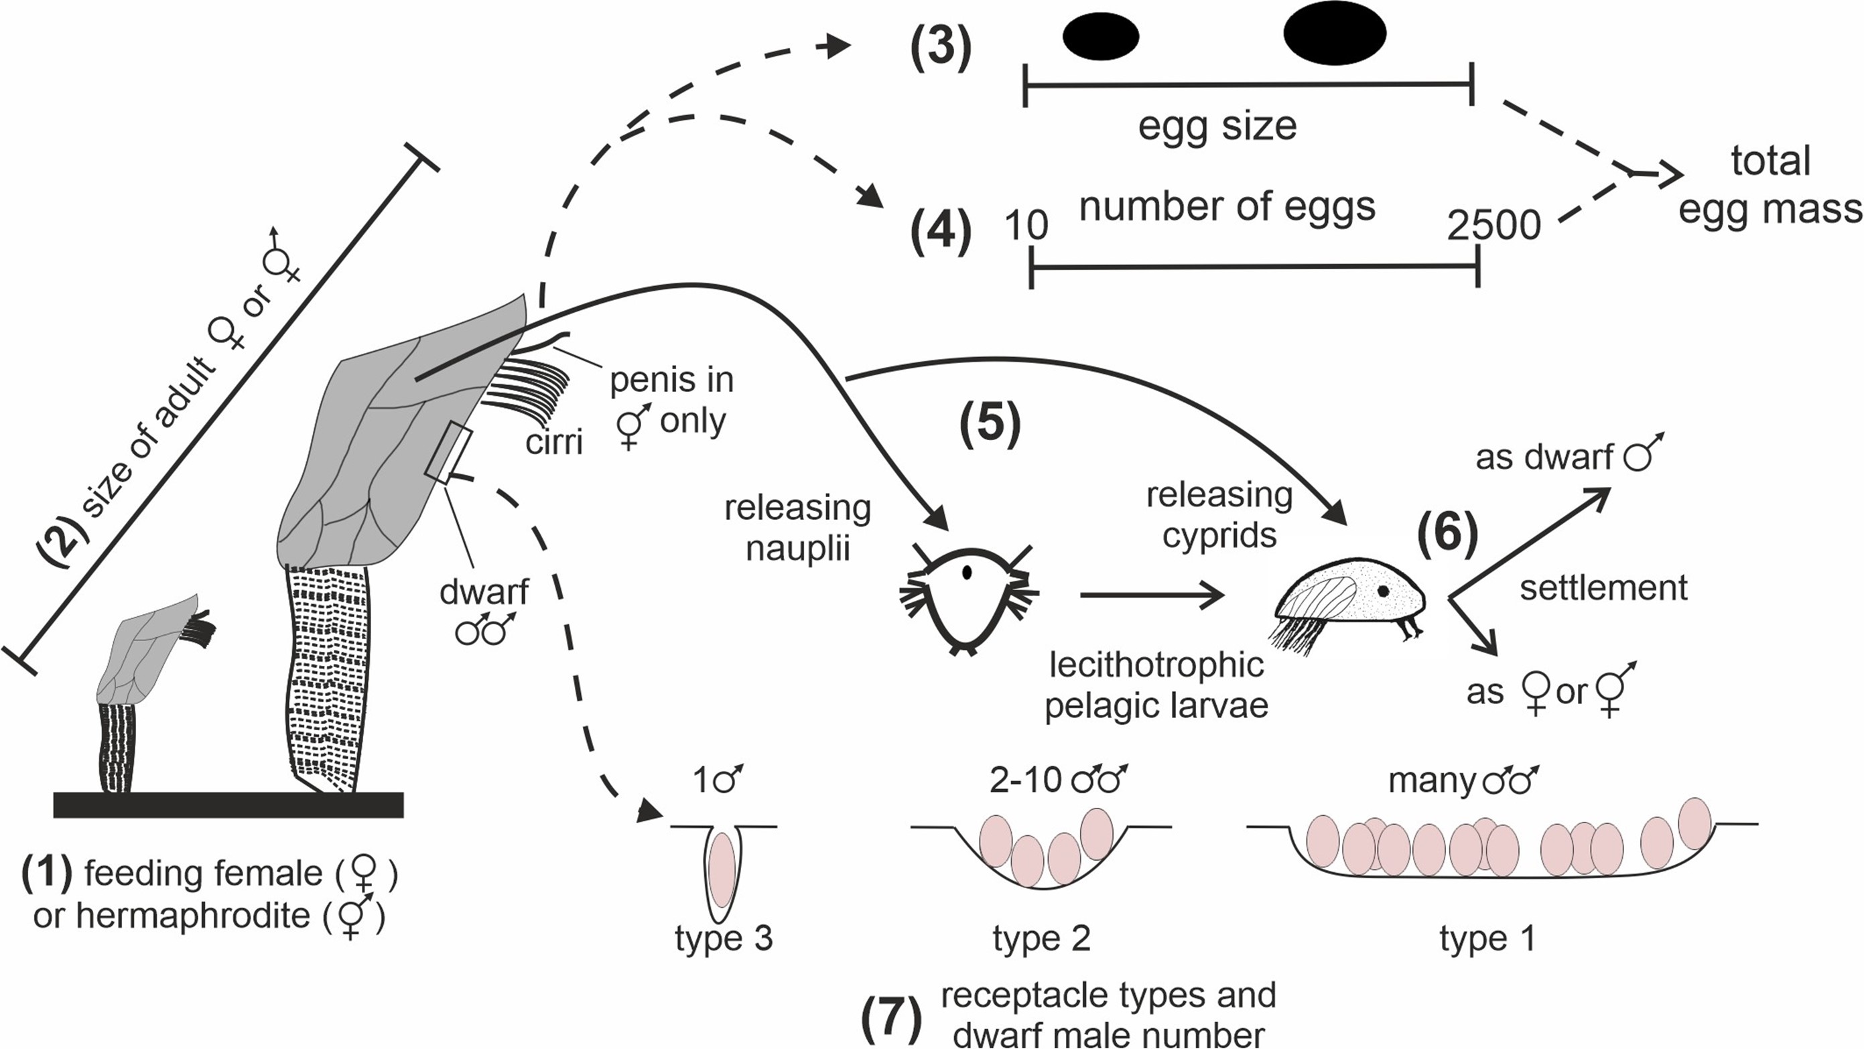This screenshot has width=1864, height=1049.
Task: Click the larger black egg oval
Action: [x=1335, y=32]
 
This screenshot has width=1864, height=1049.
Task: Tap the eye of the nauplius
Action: [x=967, y=573]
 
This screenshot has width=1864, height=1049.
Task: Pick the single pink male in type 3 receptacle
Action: [x=722, y=869]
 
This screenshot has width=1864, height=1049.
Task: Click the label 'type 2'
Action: [x=1041, y=939]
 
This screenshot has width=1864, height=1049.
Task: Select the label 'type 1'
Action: [x=1487, y=939]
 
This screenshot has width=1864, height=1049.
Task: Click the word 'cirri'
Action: [x=553, y=441]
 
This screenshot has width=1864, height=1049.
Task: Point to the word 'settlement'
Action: [x=1603, y=587]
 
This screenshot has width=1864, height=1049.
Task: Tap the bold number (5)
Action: [x=989, y=425]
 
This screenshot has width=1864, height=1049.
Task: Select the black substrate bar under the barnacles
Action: [x=228, y=805]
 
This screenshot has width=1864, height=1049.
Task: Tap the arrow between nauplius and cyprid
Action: [x=1150, y=596]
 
